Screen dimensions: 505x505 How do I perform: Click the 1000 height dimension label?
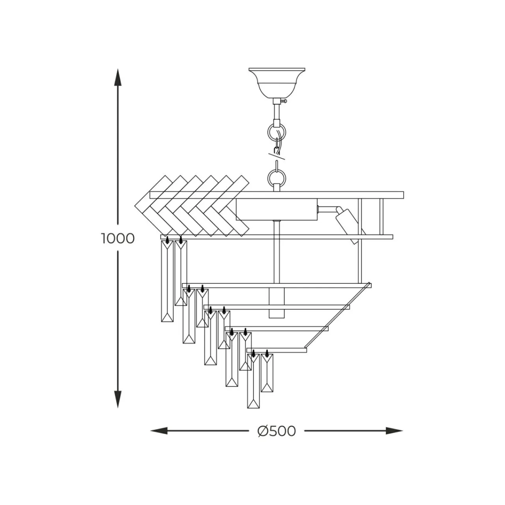(x=118, y=239)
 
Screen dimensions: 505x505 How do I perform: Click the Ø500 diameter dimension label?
(x=277, y=430)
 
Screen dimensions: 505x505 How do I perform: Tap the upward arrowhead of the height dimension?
(x=118, y=77)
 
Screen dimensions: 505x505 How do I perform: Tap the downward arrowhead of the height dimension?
(x=118, y=399)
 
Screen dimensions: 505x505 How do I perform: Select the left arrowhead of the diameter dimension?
(x=159, y=430)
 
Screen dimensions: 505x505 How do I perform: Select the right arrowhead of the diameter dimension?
(x=394, y=430)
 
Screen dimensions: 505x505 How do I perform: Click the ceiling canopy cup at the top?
(x=277, y=83)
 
